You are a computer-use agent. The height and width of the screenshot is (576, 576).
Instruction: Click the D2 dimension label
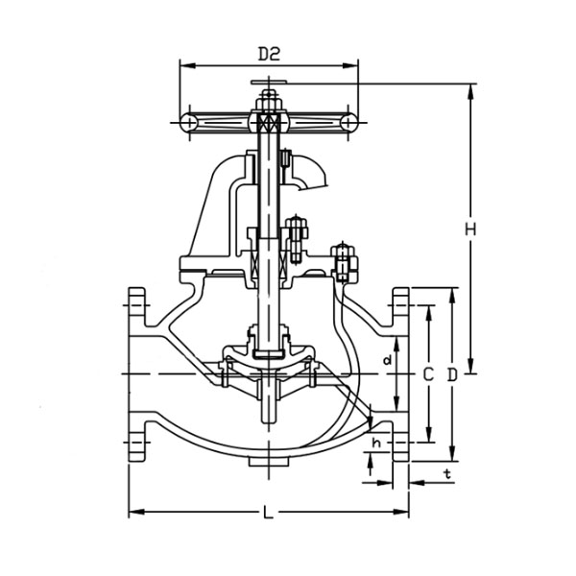click(x=269, y=54)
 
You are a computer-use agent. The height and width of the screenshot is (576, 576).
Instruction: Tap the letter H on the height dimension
click(x=470, y=229)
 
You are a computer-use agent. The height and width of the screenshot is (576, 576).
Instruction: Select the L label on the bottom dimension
click(x=269, y=512)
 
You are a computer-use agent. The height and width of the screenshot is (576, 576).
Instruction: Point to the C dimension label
click(x=428, y=375)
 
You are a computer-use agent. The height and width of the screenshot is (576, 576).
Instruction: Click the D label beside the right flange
click(x=452, y=375)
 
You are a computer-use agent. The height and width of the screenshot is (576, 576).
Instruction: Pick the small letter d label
click(x=387, y=360)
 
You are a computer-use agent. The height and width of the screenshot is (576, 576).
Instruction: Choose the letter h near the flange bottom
click(x=376, y=443)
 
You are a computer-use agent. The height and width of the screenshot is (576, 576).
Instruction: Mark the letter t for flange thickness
click(x=447, y=474)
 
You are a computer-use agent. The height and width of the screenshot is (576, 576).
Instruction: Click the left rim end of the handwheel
click(x=188, y=122)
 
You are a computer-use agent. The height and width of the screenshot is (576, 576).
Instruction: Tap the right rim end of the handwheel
click(x=348, y=122)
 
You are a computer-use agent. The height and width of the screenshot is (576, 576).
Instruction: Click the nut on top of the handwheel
click(x=269, y=103)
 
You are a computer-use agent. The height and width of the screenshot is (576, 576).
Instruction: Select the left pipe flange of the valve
click(x=136, y=374)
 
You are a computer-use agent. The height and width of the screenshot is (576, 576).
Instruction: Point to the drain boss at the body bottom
click(x=269, y=462)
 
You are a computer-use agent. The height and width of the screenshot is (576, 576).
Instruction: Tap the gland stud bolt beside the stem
click(x=297, y=239)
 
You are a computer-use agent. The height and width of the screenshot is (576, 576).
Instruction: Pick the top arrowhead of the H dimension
click(x=470, y=91)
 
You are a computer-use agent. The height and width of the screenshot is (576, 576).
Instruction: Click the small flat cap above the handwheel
click(x=269, y=82)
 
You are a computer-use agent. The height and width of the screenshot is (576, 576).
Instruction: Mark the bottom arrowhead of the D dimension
click(x=452, y=453)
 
